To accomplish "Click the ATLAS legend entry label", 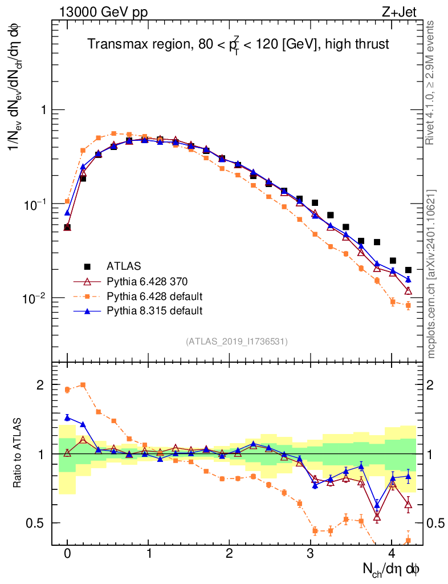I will point(124,266).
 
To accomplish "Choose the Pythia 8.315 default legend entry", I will point(154,311).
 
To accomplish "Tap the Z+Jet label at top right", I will point(408,12).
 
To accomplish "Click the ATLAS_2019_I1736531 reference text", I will point(237,342).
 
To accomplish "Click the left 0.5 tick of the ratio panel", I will point(39,523).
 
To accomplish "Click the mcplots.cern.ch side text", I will point(431,274).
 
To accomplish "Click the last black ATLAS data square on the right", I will point(409,270).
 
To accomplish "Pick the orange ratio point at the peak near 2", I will point(84,385).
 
